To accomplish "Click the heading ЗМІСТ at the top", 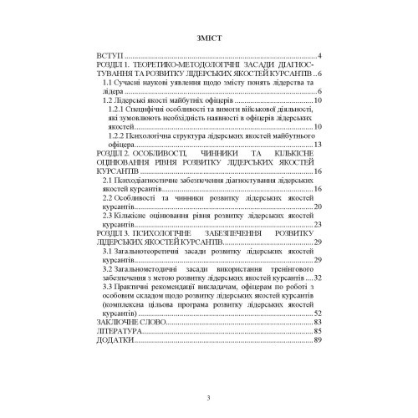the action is point(210,38).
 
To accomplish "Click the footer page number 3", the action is point(210,398).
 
